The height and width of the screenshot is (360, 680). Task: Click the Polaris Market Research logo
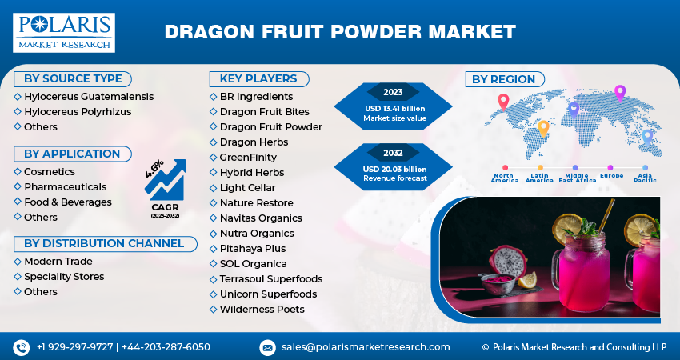pos(64,32)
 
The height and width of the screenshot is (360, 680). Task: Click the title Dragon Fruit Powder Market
pos(340,32)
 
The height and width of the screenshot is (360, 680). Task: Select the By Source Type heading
pos(73,78)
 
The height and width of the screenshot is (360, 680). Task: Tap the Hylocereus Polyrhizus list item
pos(78,111)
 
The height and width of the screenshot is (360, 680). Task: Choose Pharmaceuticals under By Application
pos(65,186)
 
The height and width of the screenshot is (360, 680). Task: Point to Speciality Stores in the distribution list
pos(64,277)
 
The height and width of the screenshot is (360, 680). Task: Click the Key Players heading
pos(253,78)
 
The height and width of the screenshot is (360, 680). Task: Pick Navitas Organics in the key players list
pos(261,218)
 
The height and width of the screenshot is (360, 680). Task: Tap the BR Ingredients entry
pos(256,97)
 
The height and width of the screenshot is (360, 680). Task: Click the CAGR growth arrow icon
pos(165,181)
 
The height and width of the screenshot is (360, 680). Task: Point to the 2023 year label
pos(394,92)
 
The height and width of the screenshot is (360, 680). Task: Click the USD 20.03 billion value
pos(394,169)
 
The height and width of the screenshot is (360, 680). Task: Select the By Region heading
pos(504,78)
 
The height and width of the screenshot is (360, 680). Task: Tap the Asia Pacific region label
pos(646,178)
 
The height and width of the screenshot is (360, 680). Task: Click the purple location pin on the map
pos(619,91)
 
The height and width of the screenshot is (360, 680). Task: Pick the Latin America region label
pos(539,178)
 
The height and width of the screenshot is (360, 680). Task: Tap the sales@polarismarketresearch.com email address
pos(366,347)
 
